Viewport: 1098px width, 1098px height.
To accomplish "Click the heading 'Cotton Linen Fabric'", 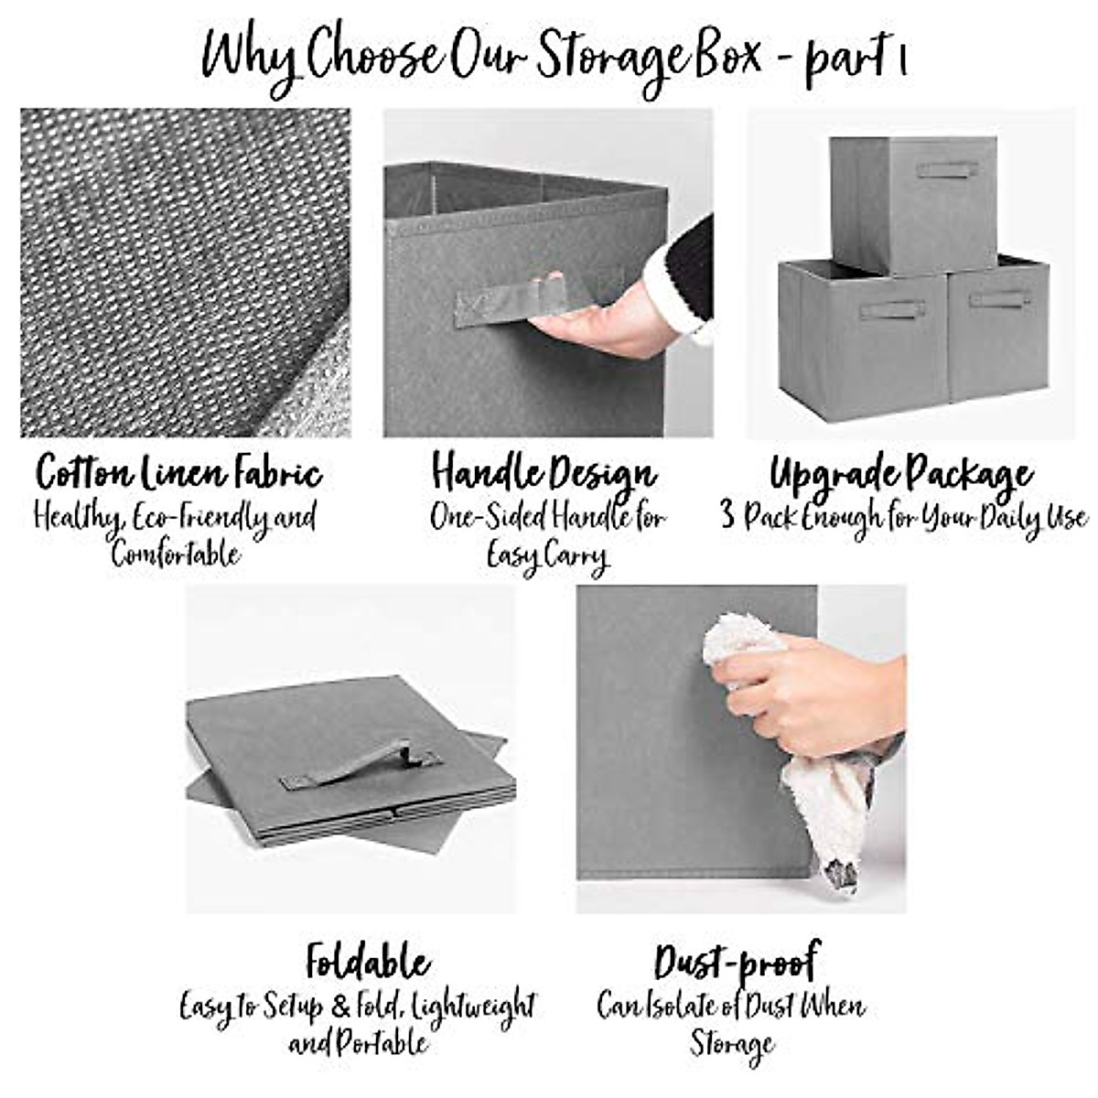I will (179, 474).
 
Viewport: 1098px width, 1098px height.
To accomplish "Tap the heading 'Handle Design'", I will (544, 474).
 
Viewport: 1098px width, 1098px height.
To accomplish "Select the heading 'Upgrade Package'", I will (901, 474).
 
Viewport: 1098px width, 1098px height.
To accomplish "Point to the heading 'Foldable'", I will (368, 963).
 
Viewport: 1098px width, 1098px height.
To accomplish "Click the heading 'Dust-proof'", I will (737, 963).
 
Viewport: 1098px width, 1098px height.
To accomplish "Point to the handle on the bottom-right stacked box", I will (999, 298).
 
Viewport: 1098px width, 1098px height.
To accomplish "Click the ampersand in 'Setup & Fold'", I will (339, 1007).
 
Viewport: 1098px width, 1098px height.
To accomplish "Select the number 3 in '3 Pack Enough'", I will (727, 517).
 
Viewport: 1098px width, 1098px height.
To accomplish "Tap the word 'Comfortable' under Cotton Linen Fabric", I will (176, 554).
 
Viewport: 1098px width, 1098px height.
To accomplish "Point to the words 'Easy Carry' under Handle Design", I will (546, 556).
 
